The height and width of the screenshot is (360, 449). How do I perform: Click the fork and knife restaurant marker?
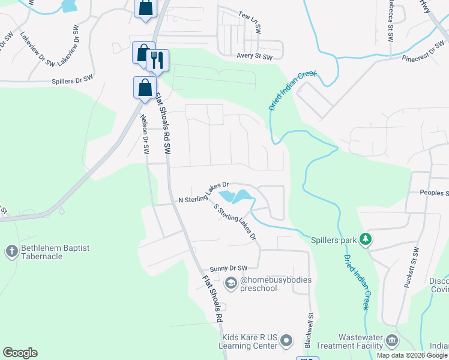158,59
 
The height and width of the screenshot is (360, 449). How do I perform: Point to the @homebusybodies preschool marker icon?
231,282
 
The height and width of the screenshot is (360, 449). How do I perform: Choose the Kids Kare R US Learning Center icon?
288,340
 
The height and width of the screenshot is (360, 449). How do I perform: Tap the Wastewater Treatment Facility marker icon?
391,340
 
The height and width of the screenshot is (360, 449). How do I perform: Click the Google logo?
20,353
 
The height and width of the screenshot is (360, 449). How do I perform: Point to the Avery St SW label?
255,57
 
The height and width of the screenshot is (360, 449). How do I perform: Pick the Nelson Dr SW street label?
145,134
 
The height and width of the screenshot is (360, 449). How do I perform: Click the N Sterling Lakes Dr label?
204,193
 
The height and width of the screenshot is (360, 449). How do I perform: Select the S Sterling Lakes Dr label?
235,221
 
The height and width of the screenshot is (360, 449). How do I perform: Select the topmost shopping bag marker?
145,8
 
